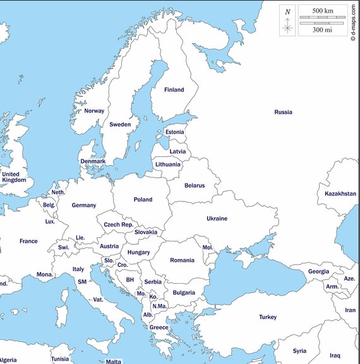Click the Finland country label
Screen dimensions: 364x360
click(174, 90)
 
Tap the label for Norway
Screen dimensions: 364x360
click(94, 111)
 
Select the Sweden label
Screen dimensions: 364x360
click(120, 124)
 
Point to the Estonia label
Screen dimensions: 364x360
click(175, 132)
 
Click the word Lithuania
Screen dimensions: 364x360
click(168, 164)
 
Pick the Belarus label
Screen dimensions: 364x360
click(195, 186)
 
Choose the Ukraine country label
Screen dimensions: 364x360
click(217, 219)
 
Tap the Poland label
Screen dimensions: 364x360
click(143, 200)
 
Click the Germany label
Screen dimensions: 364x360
click(84, 205)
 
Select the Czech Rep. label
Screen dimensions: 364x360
click(119, 225)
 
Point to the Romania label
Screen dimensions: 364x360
click(182, 260)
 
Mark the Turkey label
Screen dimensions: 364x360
click(268, 317)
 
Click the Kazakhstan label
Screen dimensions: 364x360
click(340, 194)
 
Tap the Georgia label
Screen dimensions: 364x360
click(318, 272)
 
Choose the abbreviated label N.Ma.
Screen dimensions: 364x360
click(159, 306)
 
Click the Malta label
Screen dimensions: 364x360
click(114, 361)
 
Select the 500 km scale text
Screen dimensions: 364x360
click(323, 11)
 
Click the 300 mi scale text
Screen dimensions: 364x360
click(323, 29)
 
